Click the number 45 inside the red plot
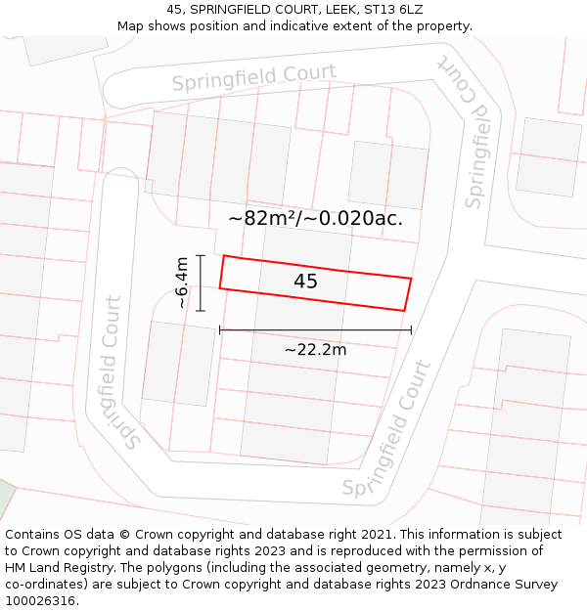[305, 282]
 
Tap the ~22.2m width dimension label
[315, 349]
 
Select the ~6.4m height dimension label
[182, 283]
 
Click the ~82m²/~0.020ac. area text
[315, 218]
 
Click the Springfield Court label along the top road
[254, 77]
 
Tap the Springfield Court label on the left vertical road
[119, 371]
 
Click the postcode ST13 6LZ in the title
[399, 9]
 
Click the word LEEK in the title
[339, 9]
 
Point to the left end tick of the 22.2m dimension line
[220, 330]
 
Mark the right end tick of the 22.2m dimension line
[411, 330]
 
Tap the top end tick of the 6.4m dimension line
[201, 255]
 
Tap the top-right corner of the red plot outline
[411, 279]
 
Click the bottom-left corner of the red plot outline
[219, 288]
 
